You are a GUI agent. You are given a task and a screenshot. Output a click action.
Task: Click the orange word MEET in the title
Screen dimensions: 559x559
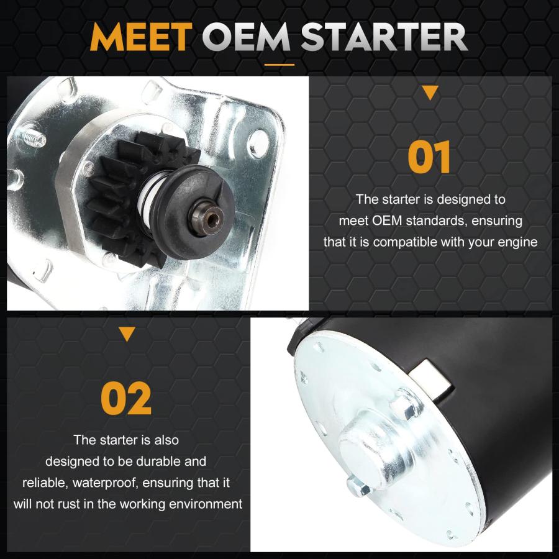click(141, 37)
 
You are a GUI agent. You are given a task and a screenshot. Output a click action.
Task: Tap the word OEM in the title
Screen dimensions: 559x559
click(247, 37)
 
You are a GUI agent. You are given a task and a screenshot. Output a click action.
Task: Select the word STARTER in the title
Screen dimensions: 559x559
click(384, 37)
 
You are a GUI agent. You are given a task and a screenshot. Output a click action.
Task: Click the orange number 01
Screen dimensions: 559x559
click(429, 157)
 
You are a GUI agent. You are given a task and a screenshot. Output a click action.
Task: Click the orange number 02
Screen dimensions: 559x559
click(126, 398)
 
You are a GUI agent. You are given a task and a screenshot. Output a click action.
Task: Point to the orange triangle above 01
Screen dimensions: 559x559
click(430, 93)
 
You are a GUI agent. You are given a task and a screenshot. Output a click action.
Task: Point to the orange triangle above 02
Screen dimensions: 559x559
click(127, 334)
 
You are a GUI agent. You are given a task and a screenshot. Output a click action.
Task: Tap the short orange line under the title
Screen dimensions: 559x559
click(279, 65)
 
